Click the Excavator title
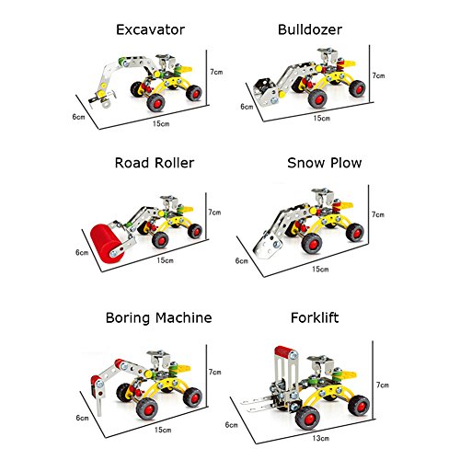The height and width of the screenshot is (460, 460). click(x=150, y=29)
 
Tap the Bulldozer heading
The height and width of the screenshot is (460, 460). click(x=310, y=29)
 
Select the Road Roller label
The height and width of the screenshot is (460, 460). click(x=155, y=163)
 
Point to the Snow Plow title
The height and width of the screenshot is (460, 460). click(x=325, y=163)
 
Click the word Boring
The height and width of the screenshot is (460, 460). click(x=129, y=318)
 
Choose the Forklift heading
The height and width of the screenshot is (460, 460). click(x=315, y=317)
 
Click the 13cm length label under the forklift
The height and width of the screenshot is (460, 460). click(x=321, y=438)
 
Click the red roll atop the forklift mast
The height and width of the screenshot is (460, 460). click(x=285, y=351)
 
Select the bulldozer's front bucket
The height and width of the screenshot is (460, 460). click(x=266, y=91)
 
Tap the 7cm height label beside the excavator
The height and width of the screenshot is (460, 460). click(x=216, y=72)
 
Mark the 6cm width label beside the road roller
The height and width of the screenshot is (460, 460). click(x=82, y=252)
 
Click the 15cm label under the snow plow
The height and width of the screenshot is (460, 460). click(x=320, y=269)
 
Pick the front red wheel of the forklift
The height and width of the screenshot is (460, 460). click(x=307, y=418)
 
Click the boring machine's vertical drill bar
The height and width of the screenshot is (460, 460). click(x=99, y=402)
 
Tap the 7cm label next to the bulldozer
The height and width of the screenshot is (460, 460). click(x=378, y=75)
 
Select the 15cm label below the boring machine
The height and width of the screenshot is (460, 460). click(x=163, y=430)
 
